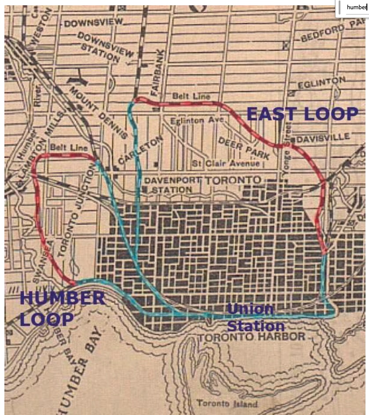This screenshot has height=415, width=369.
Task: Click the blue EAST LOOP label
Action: coord(302,114)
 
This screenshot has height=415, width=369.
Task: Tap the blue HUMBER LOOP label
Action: coord(62,308)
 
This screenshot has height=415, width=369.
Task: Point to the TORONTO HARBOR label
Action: coord(251,337)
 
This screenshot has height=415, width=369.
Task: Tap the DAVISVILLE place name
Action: coord(323,138)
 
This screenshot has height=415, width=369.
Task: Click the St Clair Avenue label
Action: coord(226,164)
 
